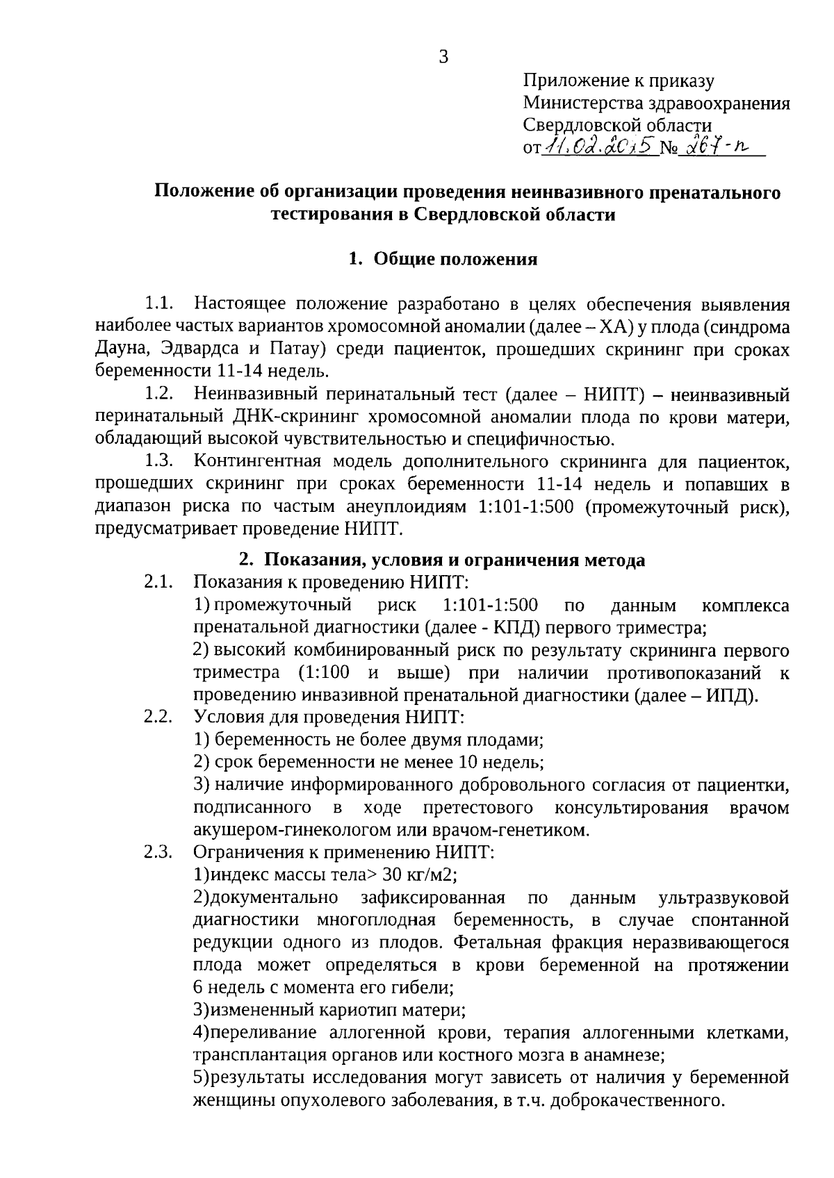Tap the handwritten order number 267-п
coord(719,147)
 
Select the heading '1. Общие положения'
coord(443,259)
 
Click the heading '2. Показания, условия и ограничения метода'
coord(442,560)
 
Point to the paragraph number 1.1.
coord(158,304)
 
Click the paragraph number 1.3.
coord(158,461)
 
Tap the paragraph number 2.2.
coord(158,717)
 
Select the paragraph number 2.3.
coord(158,852)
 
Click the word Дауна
coord(120,349)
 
